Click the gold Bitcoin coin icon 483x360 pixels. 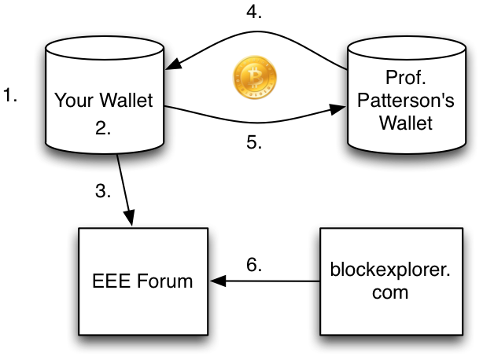pyautogui.click(x=254, y=78)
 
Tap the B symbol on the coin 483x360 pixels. pyautogui.click(x=255, y=77)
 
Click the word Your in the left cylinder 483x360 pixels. pyautogui.click(x=70, y=101)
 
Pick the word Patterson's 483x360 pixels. pyautogui.click(x=405, y=101)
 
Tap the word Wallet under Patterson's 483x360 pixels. pyautogui.click(x=405, y=123)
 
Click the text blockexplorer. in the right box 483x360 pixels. pyautogui.click(x=391, y=270)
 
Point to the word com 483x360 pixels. pyautogui.click(x=390, y=292)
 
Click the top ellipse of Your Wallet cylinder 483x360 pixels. pyautogui.click(x=105, y=49)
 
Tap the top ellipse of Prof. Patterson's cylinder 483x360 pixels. pyautogui.click(x=405, y=46)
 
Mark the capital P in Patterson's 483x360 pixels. pyautogui.click(x=363, y=101)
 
